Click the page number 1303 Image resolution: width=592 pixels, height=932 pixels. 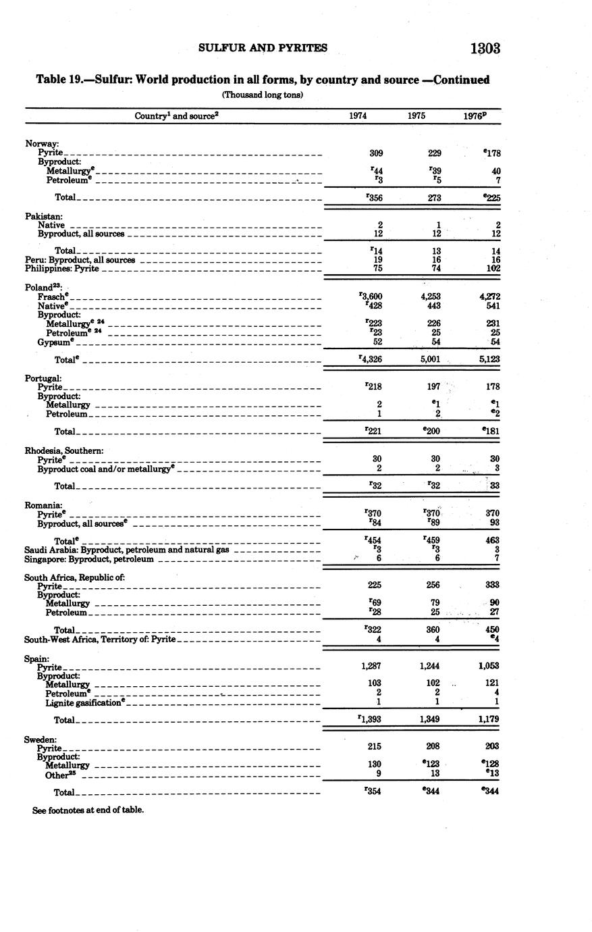pyautogui.click(x=485, y=48)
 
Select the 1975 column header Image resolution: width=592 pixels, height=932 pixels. pyautogui.click(x=416, y=115)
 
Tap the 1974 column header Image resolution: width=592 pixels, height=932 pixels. pyautogui.click(x=358, y=115)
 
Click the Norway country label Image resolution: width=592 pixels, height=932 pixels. pyautogui.click(x=42, y=143)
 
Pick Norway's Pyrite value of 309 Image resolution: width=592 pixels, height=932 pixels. pyautogui.click(x=376, y=153)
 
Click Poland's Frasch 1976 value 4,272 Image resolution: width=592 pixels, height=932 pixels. pyautogui.click(x=489, y=296)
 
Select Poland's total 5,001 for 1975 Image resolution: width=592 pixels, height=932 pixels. pyautogui.click(x=429, y=359)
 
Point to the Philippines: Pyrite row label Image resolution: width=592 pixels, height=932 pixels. pyautogui.click(x=62, y=269)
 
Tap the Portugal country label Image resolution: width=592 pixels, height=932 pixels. pyautogui.click(x=43, y=378)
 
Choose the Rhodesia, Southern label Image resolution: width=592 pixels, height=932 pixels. pyautogui.click(x=64, y=450)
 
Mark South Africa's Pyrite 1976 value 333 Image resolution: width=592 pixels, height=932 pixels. pyautogui.click(x=491, y=586)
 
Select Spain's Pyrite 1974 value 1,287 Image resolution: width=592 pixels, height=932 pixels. pyautogui.click(x=371, y=666)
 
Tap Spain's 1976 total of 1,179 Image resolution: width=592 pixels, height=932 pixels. pyautogui.click(x=488, y=719)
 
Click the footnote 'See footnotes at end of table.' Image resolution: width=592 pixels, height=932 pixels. pyautogui.click(x=88, y=809)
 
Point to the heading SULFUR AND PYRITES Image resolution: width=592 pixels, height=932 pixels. pyautogui.click(x=263, y=48)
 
